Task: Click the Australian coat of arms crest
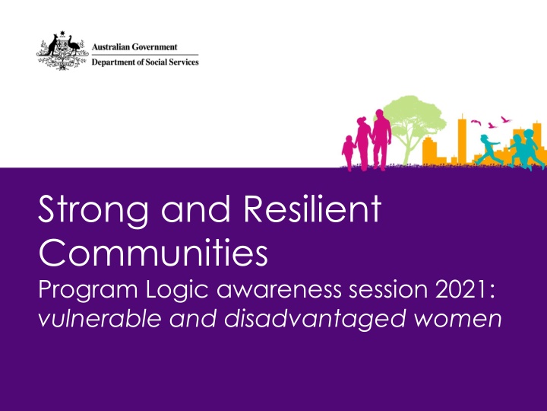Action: click(61, 52)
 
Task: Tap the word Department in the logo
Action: click(115, 62)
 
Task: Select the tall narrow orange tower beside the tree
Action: click(460, 138)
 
